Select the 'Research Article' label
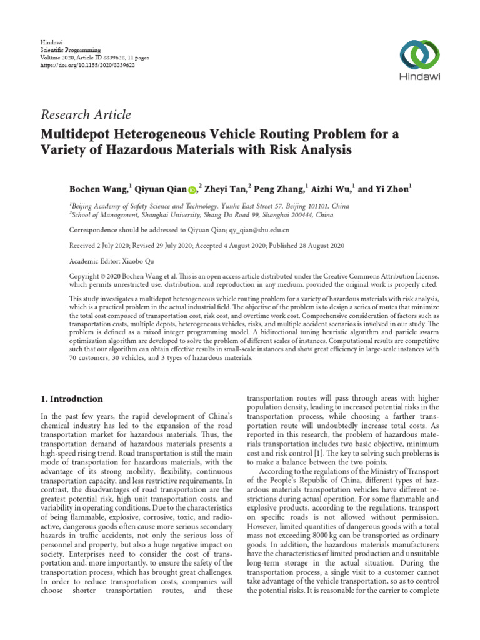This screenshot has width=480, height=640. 86,114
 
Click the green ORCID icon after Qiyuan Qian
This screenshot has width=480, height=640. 191,188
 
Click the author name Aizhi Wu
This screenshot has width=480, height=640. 332,187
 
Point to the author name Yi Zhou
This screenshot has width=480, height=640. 394,187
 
